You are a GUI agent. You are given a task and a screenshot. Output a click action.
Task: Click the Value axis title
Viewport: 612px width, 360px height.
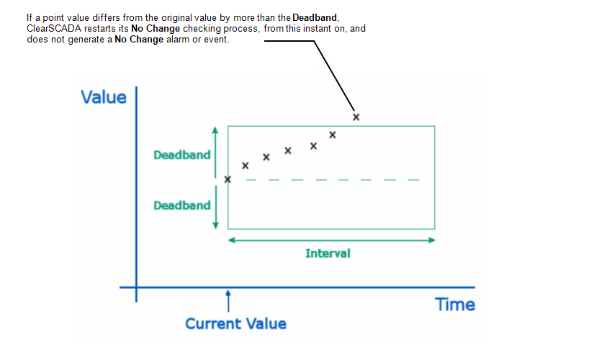click(104, 97)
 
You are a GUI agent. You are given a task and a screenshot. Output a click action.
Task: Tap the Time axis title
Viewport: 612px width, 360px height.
click(455, 305)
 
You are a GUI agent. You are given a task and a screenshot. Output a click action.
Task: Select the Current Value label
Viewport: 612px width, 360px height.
click(235, 324)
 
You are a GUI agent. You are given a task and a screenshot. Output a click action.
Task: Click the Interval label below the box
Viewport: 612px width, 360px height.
click(328, 253)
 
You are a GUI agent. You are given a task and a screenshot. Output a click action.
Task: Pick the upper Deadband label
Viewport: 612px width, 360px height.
click(182, 155)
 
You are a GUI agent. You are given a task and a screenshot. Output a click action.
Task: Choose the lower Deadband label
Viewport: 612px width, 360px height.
click(182, 205)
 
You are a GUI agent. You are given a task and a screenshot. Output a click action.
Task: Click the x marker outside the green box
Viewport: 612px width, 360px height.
click(356, 117)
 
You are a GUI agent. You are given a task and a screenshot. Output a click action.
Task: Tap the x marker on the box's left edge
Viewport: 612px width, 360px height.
click(228, 179)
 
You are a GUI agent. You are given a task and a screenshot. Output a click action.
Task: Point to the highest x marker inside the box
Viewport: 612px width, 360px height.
click(333, 135)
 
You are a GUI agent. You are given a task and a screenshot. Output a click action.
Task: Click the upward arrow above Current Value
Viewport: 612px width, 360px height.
click(228, 301)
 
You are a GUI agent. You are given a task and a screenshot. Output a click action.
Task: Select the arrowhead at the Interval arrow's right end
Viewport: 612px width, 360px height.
click(432, 240)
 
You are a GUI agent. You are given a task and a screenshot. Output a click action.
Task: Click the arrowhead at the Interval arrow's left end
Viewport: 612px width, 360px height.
click(231, 240)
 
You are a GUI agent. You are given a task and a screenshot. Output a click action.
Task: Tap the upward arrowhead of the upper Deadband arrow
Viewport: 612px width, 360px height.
click(215, 130)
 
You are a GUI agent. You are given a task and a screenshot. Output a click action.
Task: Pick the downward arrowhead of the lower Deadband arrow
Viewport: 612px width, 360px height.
click(215, 225)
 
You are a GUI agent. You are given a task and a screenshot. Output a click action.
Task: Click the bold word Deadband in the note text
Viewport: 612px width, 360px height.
click(315, 18)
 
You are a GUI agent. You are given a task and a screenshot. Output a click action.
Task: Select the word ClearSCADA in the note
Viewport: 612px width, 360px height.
click(54, 29)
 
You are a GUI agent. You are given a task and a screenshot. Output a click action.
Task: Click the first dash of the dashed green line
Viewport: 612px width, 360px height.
click(251, 180)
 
